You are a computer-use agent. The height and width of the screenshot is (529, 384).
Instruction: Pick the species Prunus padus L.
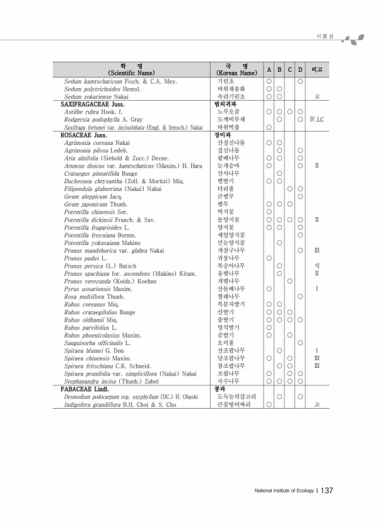coord(85,258)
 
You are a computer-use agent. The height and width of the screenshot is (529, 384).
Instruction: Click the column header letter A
coord(269,69)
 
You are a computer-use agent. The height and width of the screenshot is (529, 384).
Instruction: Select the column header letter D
coord(300,69)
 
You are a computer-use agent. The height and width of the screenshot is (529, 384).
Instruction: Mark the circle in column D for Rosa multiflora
coord(300,296)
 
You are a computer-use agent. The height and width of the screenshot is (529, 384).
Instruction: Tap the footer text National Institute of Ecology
coord(284,491)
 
